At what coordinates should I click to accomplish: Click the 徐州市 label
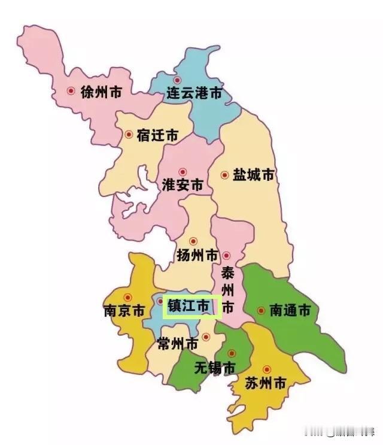(101, 92)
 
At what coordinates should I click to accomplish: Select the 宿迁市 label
(157, 135)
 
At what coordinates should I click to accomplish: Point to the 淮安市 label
(183, 184)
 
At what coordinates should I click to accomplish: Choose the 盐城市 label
(253, 175)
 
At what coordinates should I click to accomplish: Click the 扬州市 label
(197, 255)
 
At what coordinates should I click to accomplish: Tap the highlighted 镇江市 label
(188, 305)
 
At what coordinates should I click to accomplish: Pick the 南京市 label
(124, 311)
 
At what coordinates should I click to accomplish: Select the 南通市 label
(290, 311)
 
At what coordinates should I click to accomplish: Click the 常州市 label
(177, 344)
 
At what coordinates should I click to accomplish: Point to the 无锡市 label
(215, 368)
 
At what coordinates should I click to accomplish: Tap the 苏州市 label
(265, 384)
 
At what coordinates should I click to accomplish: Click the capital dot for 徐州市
(71, 91)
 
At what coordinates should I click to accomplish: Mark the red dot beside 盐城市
(224, 175)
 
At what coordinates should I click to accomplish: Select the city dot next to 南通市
(260, 310)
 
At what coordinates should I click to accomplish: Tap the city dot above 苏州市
(266, 369)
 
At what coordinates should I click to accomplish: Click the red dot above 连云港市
(177, 80)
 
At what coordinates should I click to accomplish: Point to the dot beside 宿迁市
(128, 135)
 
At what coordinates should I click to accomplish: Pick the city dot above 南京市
(127, 297)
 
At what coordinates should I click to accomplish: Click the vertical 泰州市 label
(227, 290)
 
